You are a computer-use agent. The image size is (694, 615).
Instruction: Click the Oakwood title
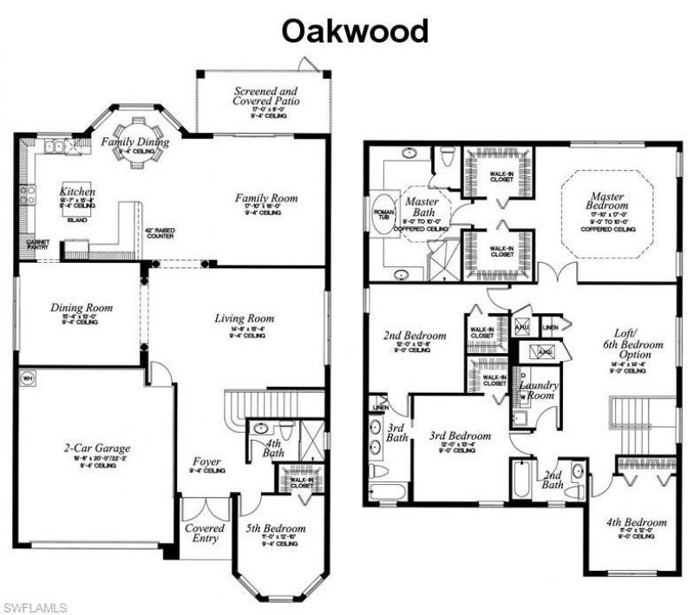(355, 31)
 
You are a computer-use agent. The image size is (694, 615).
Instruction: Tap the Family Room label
(266, 199)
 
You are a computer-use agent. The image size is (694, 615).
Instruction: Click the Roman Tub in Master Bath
(381, 215)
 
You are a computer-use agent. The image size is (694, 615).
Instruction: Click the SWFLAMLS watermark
(34, 604)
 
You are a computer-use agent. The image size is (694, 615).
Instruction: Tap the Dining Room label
(82, 307)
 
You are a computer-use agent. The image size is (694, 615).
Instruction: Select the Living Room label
(244, 318)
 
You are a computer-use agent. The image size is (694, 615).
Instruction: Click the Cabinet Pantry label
(37, 245)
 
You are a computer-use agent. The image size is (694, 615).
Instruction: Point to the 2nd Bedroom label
(415, 336)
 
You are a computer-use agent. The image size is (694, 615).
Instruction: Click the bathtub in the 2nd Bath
(520, 480)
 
